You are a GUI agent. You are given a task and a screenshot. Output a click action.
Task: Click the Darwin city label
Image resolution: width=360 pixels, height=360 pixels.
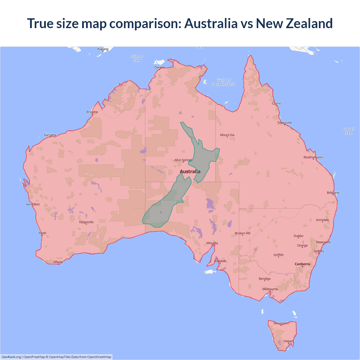click(159, 67)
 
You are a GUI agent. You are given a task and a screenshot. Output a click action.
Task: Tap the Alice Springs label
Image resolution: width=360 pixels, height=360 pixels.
click(183, 160)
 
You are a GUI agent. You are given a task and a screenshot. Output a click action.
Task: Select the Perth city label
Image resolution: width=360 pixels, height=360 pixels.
click(42, 233)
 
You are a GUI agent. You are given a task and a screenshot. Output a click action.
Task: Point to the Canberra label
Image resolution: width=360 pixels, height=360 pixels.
click(302, 264)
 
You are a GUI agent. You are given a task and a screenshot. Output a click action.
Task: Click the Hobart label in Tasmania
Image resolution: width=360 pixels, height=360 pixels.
click(288, 341)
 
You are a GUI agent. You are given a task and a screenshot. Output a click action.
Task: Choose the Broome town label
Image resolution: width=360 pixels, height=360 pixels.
click(92, 112)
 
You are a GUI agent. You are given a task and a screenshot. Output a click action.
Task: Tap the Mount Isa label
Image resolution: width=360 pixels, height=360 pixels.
click(227, 135)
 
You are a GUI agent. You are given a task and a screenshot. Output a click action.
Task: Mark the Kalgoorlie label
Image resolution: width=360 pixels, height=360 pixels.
click(86, 222)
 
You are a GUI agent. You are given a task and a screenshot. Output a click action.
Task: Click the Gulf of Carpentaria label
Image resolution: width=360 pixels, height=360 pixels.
click(223, 82)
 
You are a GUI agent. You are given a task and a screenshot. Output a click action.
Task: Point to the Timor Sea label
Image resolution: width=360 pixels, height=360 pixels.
click(137, 58)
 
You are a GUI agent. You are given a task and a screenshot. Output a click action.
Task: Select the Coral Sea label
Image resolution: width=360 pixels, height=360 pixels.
click(348, 131)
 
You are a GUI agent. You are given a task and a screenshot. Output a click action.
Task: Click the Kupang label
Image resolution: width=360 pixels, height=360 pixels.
click(103, 49)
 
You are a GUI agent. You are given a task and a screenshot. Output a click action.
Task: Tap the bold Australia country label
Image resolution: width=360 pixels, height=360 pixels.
click(190, 172)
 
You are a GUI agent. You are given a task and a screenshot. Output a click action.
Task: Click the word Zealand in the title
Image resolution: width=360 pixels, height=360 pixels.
click(309, 23)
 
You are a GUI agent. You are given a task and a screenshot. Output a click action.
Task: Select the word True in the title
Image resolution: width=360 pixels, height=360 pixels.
click(39, 23)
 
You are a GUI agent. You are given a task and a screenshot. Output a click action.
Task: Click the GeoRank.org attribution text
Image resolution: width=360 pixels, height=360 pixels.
click(11, 357)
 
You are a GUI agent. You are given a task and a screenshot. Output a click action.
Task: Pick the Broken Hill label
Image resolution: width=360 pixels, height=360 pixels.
click(242, 233)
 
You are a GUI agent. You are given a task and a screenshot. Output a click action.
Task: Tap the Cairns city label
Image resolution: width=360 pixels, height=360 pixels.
click(276, 103)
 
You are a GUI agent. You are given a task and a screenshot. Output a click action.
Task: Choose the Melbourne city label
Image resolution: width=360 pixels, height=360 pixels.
click(270, 289)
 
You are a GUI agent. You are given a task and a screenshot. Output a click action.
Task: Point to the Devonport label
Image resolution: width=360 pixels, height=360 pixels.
click(281, 323)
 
